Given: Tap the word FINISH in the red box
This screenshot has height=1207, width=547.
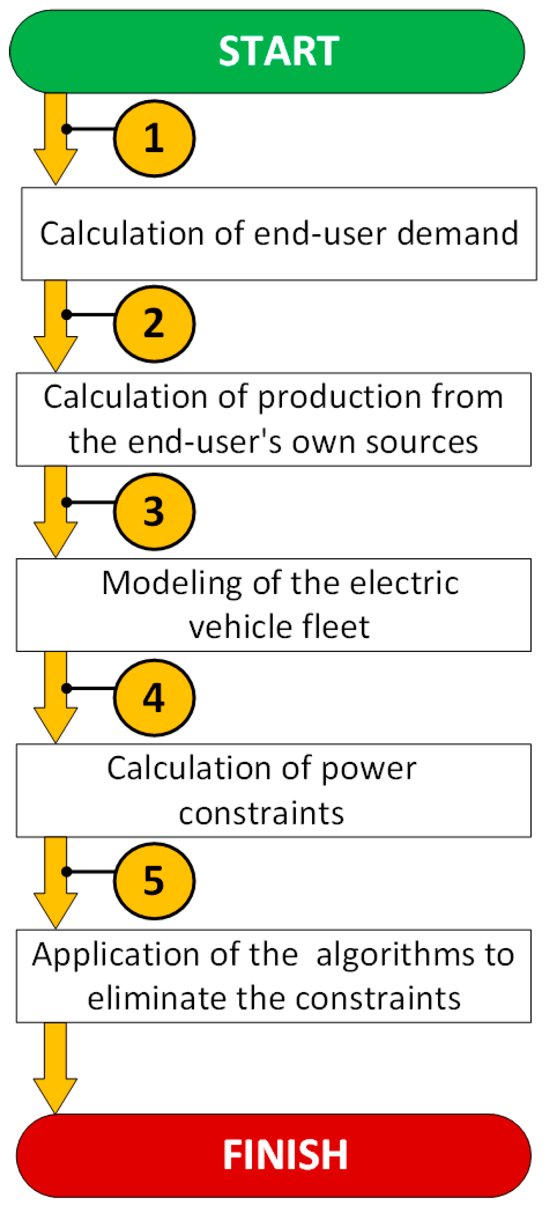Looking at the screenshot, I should [x=285, y=1155].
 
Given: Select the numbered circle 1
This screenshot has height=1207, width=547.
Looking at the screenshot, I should [x=154, y=138].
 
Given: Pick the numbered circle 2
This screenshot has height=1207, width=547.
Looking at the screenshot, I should [x=154, y=324].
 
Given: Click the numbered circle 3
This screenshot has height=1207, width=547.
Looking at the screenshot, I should [x=154, y=511].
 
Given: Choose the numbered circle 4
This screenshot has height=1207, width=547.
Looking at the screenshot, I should [x=154, y=697].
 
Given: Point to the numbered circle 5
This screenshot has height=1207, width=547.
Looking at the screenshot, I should [x=154, y=881].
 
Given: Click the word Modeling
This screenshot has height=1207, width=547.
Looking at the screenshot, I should [x=171, y=583].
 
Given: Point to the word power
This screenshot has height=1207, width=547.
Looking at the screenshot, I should [x=369, y=769].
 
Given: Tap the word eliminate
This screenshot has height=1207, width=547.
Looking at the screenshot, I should [x=156, y=998].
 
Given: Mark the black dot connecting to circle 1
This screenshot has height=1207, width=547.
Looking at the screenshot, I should [x=67, y=129].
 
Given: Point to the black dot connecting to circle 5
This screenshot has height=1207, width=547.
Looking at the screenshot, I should [x=67, y=871].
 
